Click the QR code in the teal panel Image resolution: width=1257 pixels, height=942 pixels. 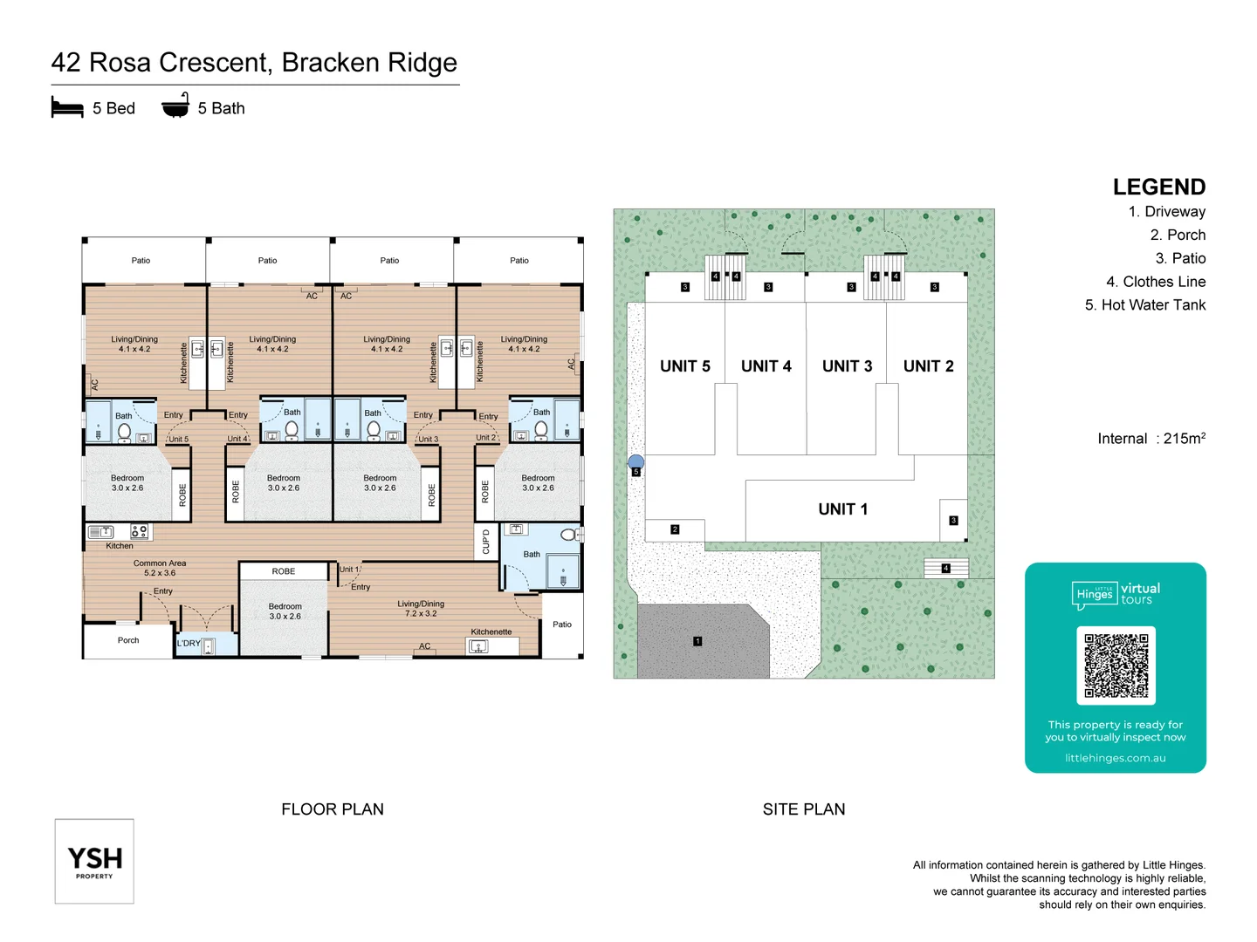(1116, 665)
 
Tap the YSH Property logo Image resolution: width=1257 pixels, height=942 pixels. (94, 861)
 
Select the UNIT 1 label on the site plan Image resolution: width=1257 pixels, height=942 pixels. (842, 509)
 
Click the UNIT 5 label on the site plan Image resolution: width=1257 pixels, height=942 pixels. (684, 366)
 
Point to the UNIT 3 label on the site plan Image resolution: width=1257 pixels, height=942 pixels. (847, 366)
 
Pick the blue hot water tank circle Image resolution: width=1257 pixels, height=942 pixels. (636, 462)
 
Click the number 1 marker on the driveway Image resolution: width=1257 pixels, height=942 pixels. (697, 641)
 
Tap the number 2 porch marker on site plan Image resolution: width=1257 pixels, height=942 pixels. (675, 529)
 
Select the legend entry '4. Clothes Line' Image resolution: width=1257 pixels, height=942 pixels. (1155, 282)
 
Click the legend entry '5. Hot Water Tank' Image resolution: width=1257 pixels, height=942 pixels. (1144, 305)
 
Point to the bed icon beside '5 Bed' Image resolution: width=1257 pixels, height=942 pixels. (67, 108)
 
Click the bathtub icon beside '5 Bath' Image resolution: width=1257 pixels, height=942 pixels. (175, 106)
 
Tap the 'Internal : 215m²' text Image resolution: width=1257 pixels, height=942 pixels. (1151, 439)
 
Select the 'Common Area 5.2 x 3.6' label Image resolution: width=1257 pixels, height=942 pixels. (160, 568)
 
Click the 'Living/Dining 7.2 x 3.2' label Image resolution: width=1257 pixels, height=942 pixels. (421, 608)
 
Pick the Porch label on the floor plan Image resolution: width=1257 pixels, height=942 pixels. (128, 640)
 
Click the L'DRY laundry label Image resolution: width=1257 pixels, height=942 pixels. (189, 644)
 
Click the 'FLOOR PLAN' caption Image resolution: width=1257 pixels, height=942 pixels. (332, 809)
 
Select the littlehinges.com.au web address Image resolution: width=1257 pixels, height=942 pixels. (1115, 758)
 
